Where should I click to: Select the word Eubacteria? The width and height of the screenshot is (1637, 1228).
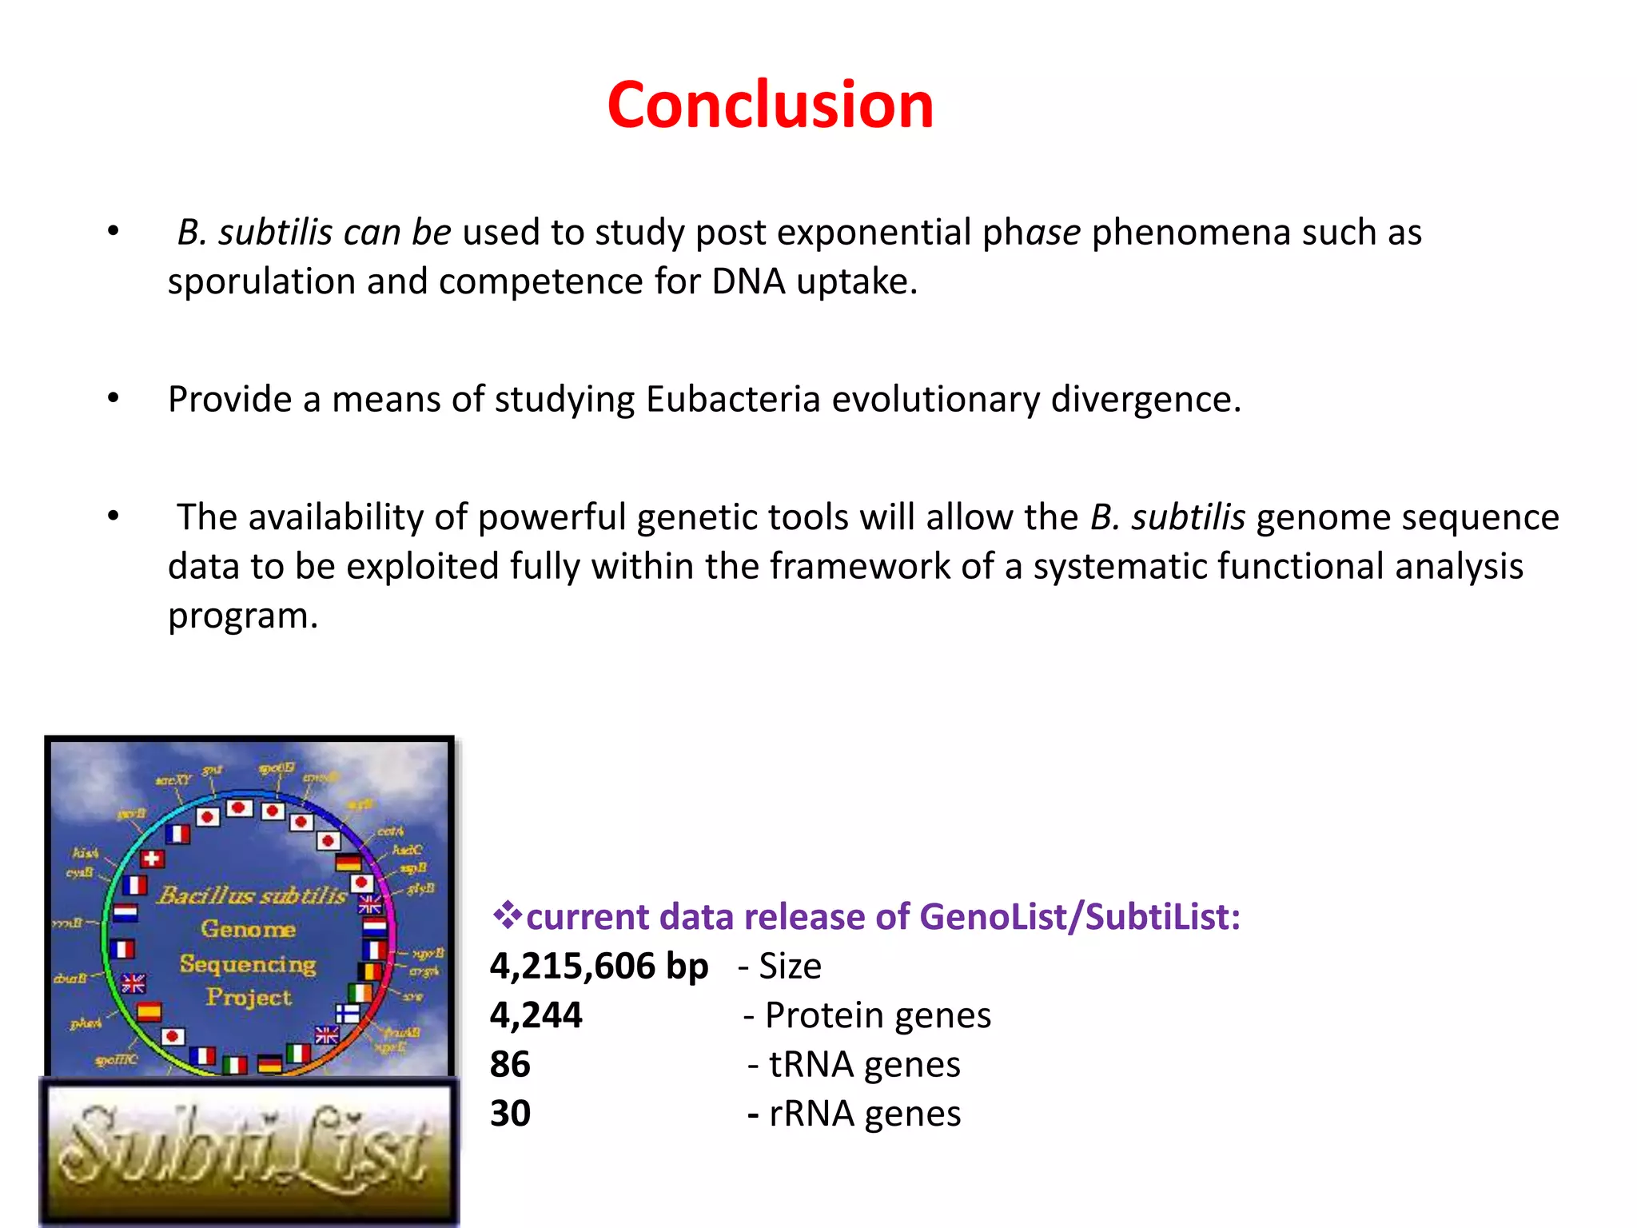click(733, 399)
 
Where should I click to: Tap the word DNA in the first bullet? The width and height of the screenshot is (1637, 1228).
click(748, 281)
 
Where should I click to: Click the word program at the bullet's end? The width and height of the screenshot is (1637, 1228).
click(242, 616)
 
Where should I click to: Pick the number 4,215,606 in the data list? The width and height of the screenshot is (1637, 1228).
click(572, 966)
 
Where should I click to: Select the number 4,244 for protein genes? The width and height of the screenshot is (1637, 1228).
click(536, 1015)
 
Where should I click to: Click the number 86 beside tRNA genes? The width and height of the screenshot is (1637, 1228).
click(510, 1064)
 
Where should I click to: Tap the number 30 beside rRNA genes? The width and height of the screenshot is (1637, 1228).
click(510, 1114)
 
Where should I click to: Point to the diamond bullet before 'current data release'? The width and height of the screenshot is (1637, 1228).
click(506, 915)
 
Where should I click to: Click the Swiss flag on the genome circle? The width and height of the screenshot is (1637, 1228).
click(152, 859)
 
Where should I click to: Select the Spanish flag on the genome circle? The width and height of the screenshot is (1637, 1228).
click(149, 1012)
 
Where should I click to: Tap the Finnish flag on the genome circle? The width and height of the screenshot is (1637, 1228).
click(348, 1014)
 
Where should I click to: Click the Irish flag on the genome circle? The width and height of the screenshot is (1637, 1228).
click(360, 993)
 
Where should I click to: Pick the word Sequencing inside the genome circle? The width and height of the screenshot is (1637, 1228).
click(248, 964)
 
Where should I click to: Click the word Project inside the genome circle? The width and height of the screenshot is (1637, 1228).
click(249, 998)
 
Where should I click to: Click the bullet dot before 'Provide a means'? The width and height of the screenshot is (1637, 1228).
click(114, 397)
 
